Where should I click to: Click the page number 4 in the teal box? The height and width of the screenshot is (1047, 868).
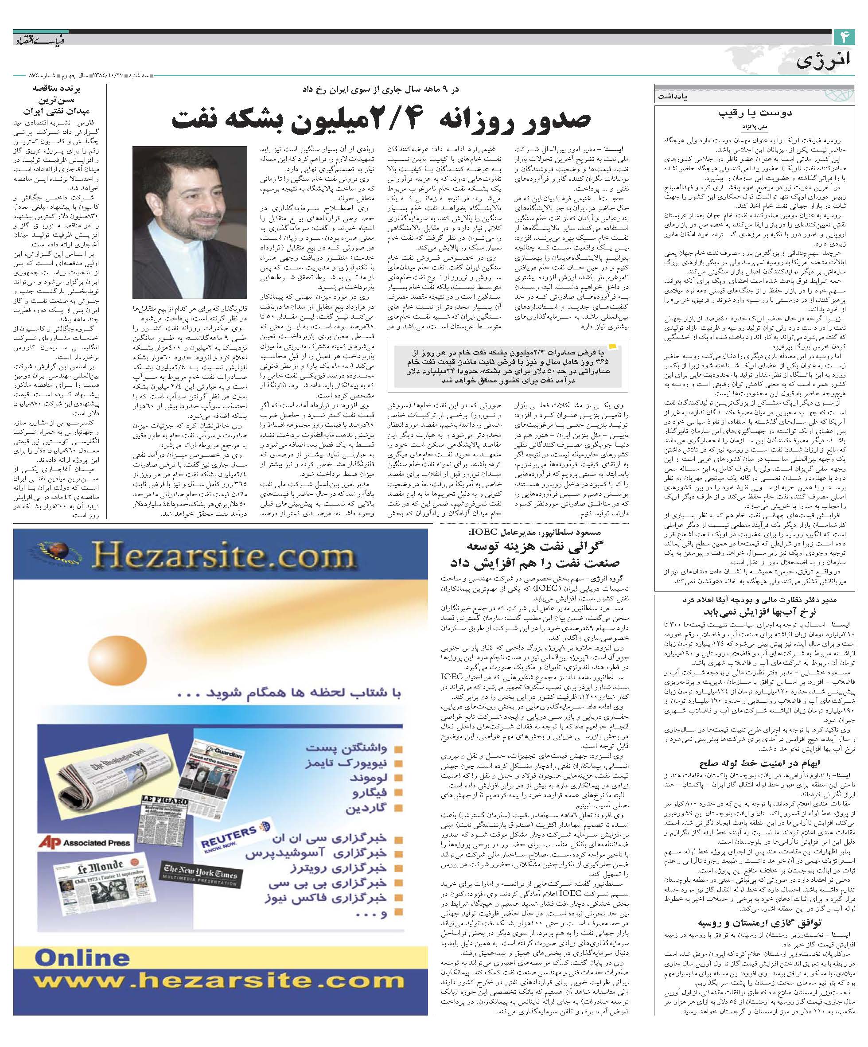pyautogui.click(x=845, y=37)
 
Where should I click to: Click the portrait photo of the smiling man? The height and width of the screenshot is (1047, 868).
pyautogui.click(x=190, y=222)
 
